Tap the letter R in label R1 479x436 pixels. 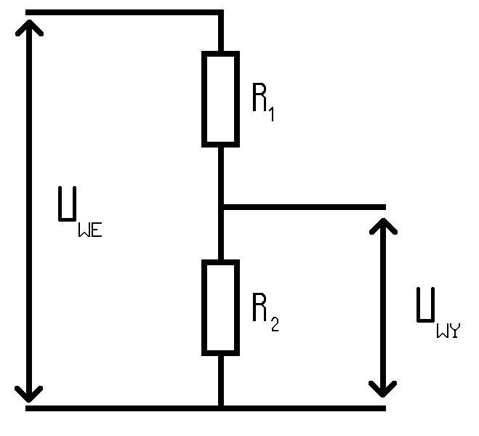[x=259, y=97]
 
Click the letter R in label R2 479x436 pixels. [x=259, y=307]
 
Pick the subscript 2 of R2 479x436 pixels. [x=275, y=324]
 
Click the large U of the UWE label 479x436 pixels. [x=67, y=203]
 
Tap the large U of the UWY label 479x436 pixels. [x=426, y=305]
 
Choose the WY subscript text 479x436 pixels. [x=448, y=331]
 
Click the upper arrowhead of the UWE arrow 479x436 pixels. [x=29, y=27]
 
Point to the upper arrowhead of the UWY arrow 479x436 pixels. [x=383, y=225]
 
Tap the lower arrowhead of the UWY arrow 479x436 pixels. [x=382, y=389]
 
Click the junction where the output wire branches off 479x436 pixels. [x=221, y=207]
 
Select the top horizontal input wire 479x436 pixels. [x=124, y=12]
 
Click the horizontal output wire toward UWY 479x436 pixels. [x=305, y=207]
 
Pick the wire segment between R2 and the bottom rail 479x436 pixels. [x=221, y=381]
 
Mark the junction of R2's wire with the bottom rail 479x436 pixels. [x=221, y=408]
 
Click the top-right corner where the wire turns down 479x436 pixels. [x=221, y=12]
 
